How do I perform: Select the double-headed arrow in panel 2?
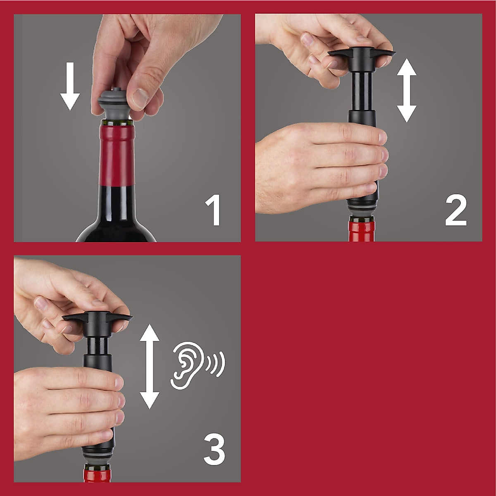click(407, 90)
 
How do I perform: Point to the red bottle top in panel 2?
click(362, 231)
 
